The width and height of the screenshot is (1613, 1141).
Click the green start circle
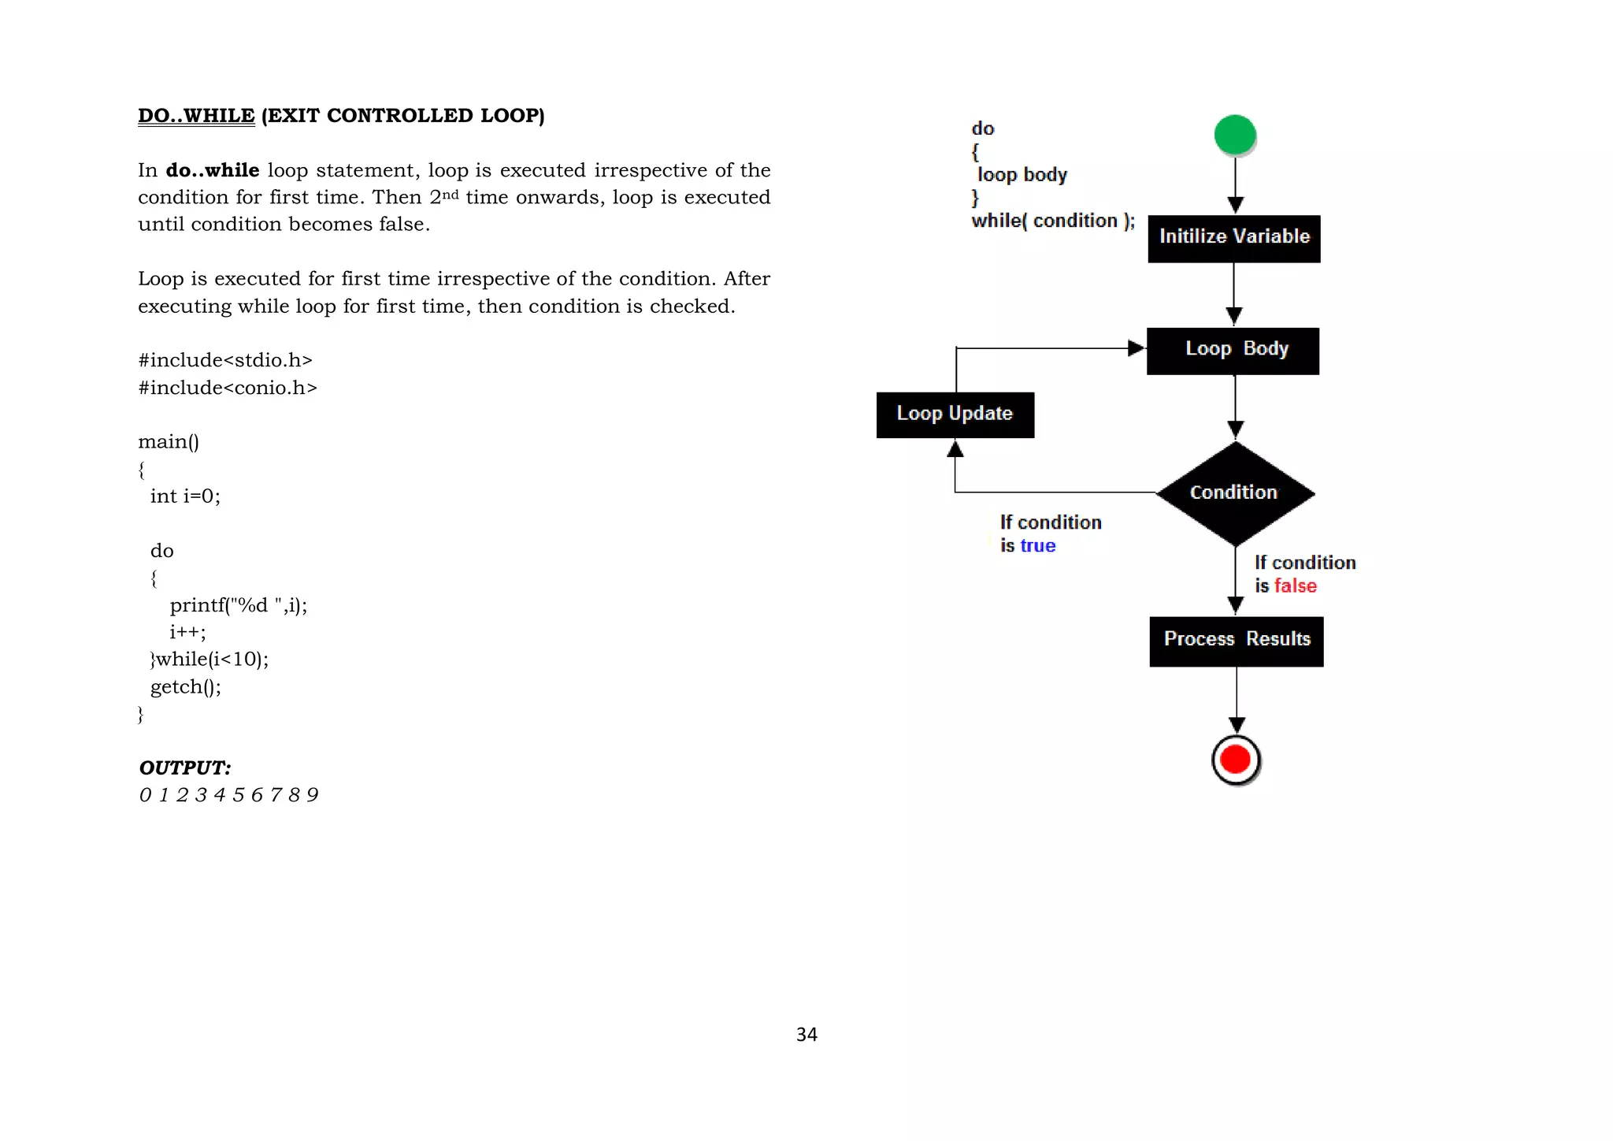click(x=1234, y=135)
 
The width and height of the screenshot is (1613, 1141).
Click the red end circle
click(x=1235, y=760)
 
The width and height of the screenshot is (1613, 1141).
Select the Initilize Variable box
click(x=1233, y=238)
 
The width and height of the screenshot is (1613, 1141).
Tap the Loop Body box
click(x=1233, y=351)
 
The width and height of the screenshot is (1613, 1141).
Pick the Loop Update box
click(x=955, y=414)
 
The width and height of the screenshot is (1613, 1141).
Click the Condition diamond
click(x=1234, y=493)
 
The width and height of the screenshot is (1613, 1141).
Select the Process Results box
click(x=1236, y=641)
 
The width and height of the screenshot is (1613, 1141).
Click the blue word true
click(x=1037, y=546)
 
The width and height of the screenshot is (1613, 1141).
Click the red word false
click(x=1295, y=586)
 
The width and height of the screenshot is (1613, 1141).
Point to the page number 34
click(x=806, y=1035)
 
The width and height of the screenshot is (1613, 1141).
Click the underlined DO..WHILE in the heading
click(x=196, y=116)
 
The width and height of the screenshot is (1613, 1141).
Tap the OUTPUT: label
click(x=185, y=767)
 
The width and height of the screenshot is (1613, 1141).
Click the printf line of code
click(x=238, y=605)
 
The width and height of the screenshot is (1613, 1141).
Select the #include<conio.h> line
click(x=228, y=388)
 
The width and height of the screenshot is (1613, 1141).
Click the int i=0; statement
click(x=185, y=496)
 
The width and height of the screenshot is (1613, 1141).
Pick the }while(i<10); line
click(x=210, y=659)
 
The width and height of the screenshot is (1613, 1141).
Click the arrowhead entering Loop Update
click(x=955, y=449)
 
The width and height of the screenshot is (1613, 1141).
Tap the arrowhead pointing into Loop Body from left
click(x=1135, y=348)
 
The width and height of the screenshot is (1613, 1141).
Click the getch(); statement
click(x=186, y=686)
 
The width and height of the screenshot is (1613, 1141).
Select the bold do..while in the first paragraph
click(x=212, y=170)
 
